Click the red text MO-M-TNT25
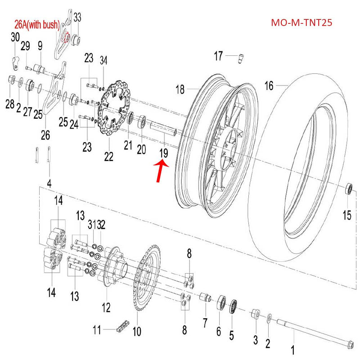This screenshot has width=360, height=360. click(x=301, y=22)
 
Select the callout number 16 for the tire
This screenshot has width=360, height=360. click(x=269, y=85)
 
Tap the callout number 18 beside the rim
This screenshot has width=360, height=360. click(x=180, y=90)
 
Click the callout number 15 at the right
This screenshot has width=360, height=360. click(x=347, y=215)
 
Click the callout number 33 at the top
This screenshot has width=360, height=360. click(x=77, y=18)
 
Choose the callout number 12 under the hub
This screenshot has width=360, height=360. click(x=106, y=308)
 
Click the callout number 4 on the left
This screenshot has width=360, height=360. click(x=49, y=183)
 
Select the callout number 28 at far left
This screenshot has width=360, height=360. click(x=10, y=104)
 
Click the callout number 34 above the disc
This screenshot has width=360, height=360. click(x=103, y=60)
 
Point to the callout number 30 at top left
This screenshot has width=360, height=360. click(x=15, y=37)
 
